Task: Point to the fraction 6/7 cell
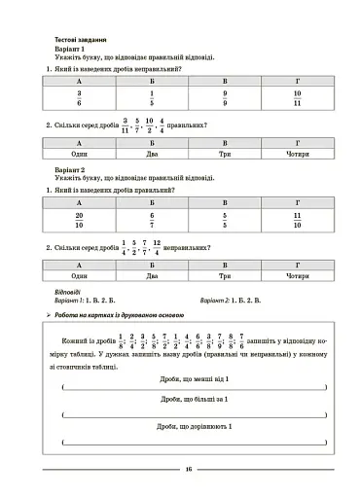click(x=152, y=220)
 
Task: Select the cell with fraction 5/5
click(x=225, y=220)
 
